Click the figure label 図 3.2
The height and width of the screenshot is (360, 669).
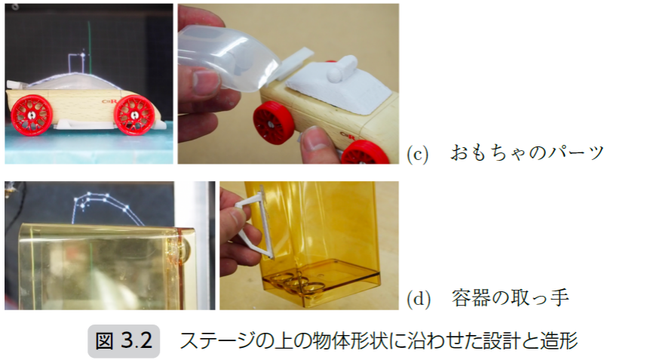[x=124, y=341]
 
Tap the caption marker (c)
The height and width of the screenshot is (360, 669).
[x=418, y=154]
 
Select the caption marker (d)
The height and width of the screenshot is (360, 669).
[x=419, y=299]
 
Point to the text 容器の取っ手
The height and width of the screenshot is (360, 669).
[x=511, y=297]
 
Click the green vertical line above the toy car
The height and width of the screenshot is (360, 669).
[x=90, y=47]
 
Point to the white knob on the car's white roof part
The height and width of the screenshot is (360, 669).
[x=342, y=69]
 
